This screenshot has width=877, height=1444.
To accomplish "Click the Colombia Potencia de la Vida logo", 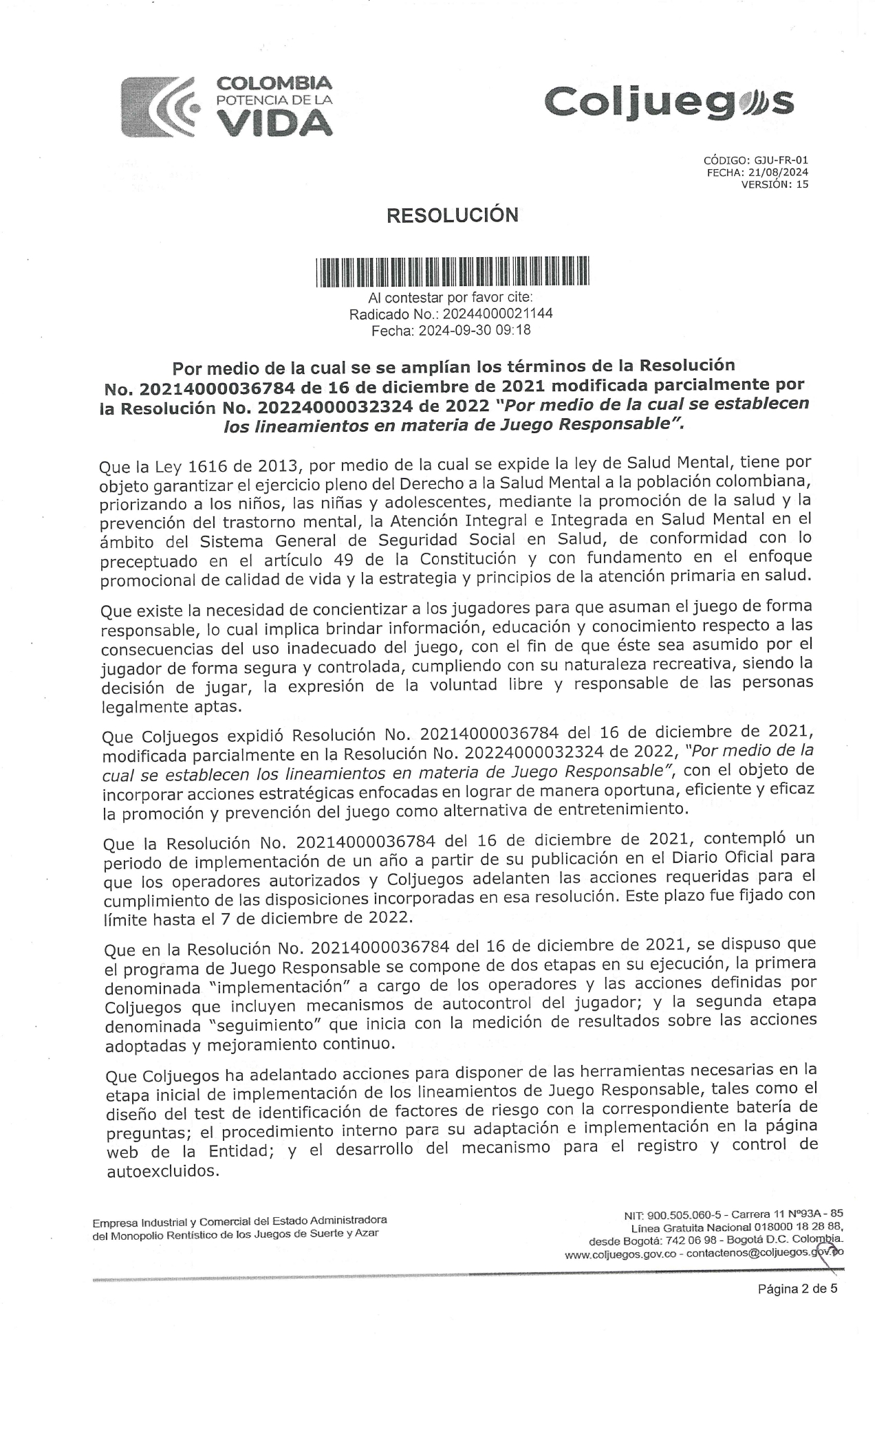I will tap(227, 106).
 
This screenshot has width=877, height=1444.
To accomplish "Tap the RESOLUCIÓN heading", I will tap(452, 215).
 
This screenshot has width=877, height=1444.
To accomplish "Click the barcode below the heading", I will tap(452, 271).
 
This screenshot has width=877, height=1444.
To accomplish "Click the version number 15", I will tap(802, 184).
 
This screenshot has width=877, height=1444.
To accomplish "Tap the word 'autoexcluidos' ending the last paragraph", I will tap(162, 1170).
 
